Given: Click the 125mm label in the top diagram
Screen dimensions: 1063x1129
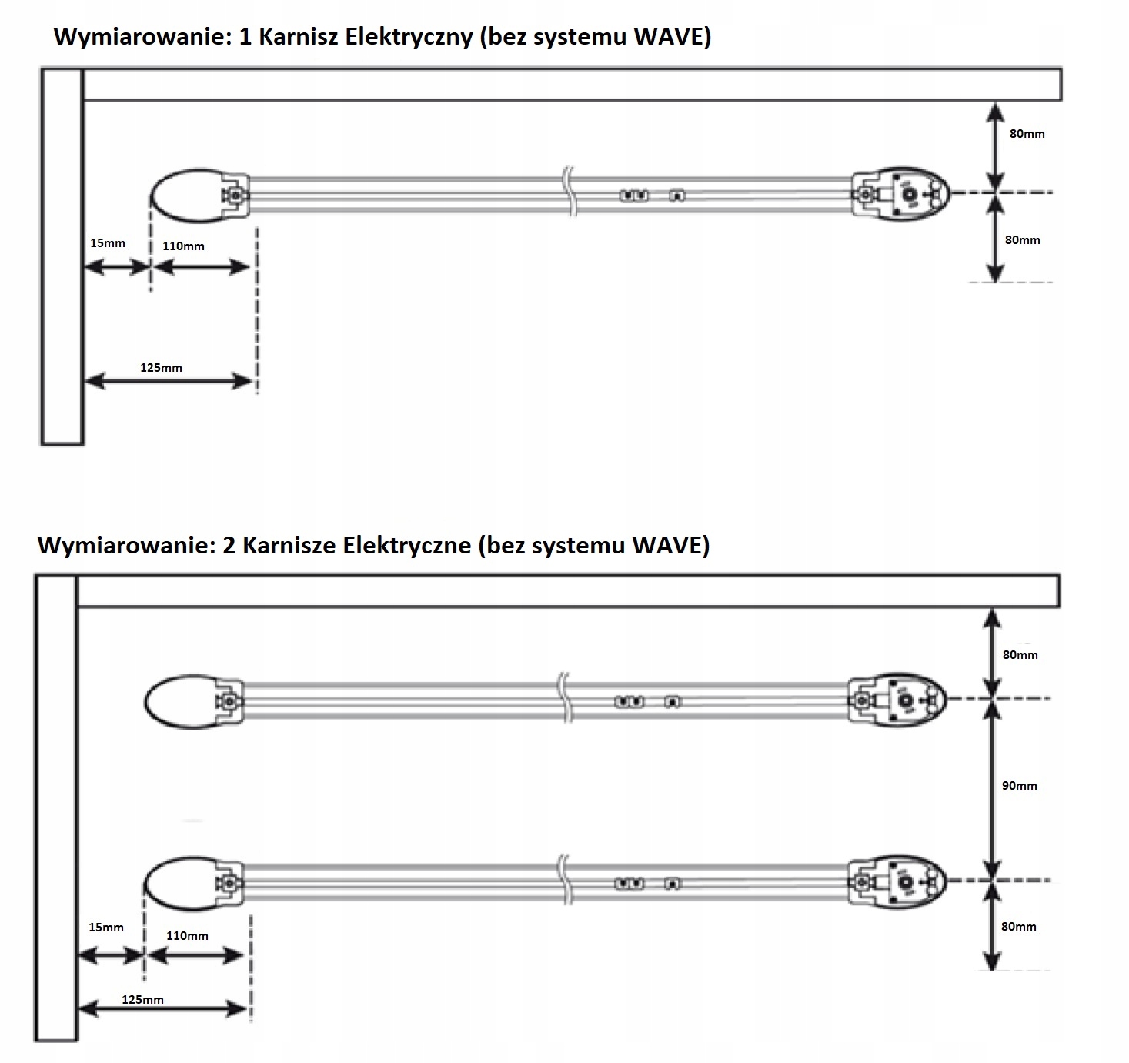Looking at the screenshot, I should [161, 368].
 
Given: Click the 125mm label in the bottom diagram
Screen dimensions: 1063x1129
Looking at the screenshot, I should [142, 1000].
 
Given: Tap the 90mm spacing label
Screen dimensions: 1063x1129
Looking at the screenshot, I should [1019, 786].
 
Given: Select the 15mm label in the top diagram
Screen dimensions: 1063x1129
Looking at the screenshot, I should [107, 243].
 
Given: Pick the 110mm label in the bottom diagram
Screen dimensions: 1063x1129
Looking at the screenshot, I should [187, 936].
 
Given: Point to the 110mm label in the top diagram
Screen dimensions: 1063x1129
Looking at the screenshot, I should [183, 246].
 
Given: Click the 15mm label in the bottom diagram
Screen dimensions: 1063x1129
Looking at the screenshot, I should [105, 927].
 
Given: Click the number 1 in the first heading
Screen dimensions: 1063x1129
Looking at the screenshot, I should [246, 37].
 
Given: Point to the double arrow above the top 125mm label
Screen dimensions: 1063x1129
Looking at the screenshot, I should [169, 381].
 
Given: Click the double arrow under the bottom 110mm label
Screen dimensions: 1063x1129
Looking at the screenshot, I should [195, 956].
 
